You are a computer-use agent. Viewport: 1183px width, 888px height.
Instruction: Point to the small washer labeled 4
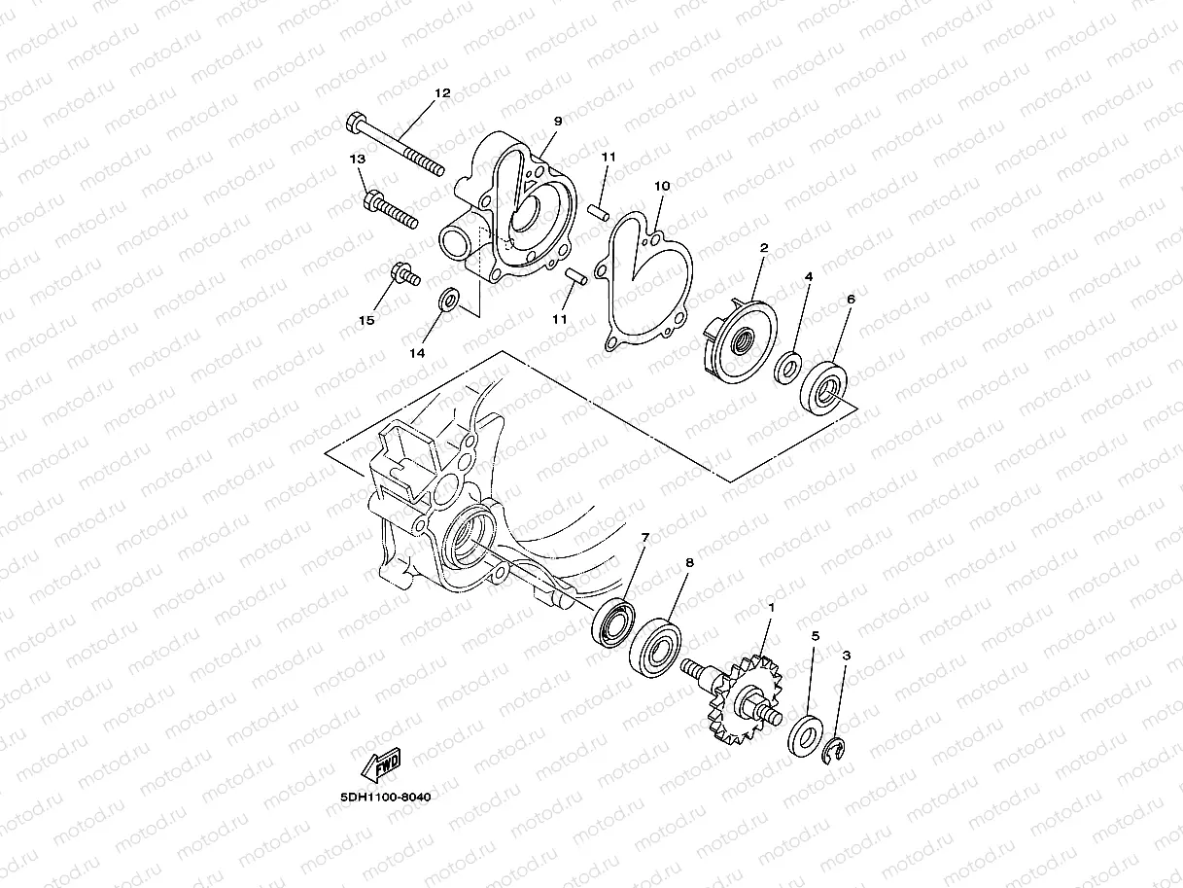click(787, 369)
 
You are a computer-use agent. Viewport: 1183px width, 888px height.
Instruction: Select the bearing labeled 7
click(613, 622)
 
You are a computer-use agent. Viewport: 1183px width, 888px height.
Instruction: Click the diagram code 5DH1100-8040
click(385, 797)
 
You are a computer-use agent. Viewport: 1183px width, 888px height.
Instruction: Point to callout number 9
click(558, 122)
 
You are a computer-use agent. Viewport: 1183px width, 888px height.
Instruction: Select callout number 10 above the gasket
click(662, 185)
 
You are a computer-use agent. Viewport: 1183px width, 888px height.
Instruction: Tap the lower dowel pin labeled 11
click(576, 277)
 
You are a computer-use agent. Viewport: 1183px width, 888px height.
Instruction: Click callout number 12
click(442, 94)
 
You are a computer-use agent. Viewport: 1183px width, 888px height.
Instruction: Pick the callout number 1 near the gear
click(771, 607)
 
